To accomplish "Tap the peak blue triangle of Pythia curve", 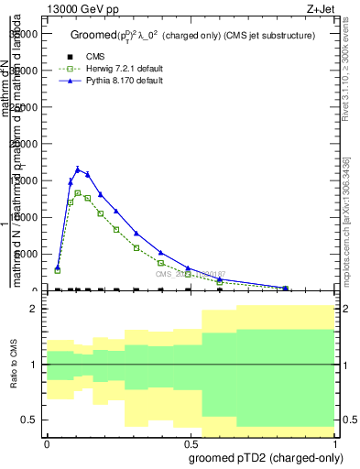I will [77, 169].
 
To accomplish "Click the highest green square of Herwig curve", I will [77, 193].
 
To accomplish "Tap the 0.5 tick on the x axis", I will [191, 443].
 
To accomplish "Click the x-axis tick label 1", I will [335, 443].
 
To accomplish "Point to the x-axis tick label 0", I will [47, 443].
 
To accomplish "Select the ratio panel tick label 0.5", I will [29, 420].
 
